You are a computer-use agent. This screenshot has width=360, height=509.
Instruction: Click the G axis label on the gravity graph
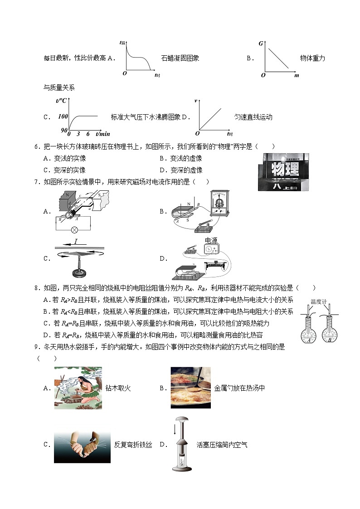[261, 44]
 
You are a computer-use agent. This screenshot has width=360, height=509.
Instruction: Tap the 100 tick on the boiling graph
[63, 116]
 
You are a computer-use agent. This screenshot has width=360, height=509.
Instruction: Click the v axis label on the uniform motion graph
[196, 100]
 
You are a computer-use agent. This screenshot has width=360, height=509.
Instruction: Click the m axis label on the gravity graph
[297, 76]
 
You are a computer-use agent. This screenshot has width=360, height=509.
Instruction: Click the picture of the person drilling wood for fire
[78, 388]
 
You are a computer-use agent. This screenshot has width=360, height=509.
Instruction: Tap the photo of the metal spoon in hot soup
[190, 388]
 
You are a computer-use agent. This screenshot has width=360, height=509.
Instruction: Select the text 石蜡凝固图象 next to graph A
[180, 58]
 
